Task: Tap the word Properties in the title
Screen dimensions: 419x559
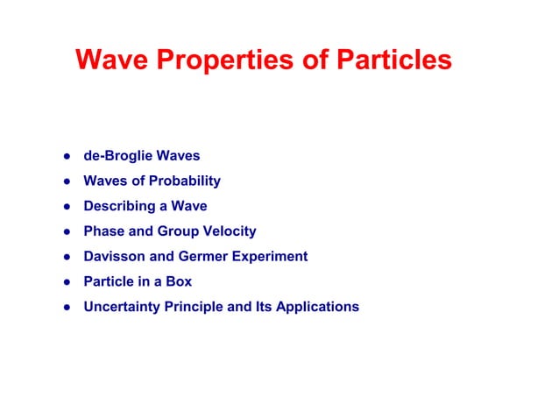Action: (218, 60)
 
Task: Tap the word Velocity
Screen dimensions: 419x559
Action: (230, 231)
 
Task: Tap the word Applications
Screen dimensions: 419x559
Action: (318, 307)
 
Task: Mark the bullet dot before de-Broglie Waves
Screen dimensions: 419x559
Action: (66, 157)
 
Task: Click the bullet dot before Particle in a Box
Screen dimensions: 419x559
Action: (66, 283)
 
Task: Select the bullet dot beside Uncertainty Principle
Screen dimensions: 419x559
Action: (66, 308)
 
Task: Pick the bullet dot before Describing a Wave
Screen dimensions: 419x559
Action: (66, 208)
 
